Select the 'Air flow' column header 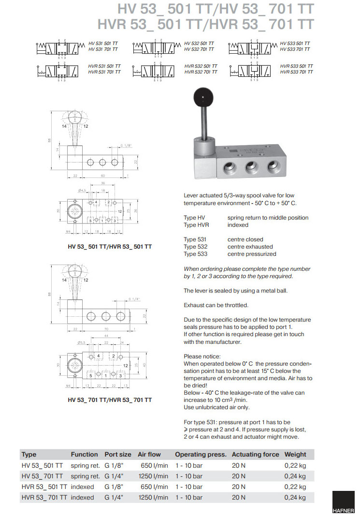pos(149,454)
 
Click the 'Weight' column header pos(295,454)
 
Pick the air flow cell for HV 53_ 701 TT pos(153,476)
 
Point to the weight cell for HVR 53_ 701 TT pos(295,497)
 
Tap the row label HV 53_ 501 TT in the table pos(43,465)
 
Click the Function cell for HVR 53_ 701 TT pos(83,497)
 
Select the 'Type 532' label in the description pos(195,247)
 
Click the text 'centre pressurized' pos(252,254)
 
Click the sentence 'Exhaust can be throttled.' pos(216,305)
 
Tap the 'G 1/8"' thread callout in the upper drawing pos(126,145)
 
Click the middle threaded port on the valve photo pos(251,168)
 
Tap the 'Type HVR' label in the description pos(196,225)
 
